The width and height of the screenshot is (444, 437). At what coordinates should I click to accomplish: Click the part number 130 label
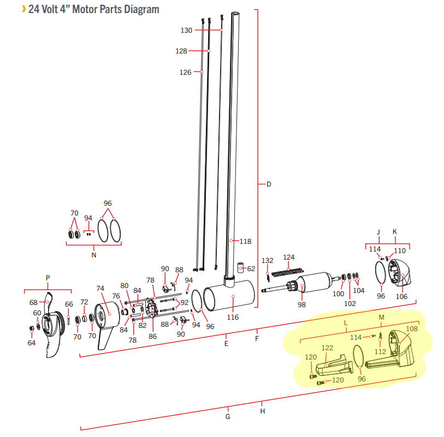pyautogui.click(x=186, y=30)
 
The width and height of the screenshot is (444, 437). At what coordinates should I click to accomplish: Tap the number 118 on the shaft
pyautogui.click(x=245, y=241)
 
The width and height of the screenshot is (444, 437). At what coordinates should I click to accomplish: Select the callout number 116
pyautogui.click(x=233, y=317)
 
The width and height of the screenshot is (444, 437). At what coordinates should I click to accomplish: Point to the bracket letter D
pyautogui.click(x=269, y=184)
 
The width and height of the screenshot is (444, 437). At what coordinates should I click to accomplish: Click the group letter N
pyautogui.click(x=94, y=255)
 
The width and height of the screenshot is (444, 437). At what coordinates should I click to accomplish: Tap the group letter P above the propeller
pyautogui.click(x=48, y=278)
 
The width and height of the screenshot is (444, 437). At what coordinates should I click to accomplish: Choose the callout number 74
pyautogui.click(x=100, y=288)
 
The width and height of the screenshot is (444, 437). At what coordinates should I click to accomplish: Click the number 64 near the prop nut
pyautogui.click(x=32, y=343)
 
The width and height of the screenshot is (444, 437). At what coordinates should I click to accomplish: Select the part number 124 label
pyautogui.click(x=289, y=257)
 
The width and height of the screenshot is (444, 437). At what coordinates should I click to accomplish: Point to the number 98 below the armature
pyautogui.click(x=301, y=304)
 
